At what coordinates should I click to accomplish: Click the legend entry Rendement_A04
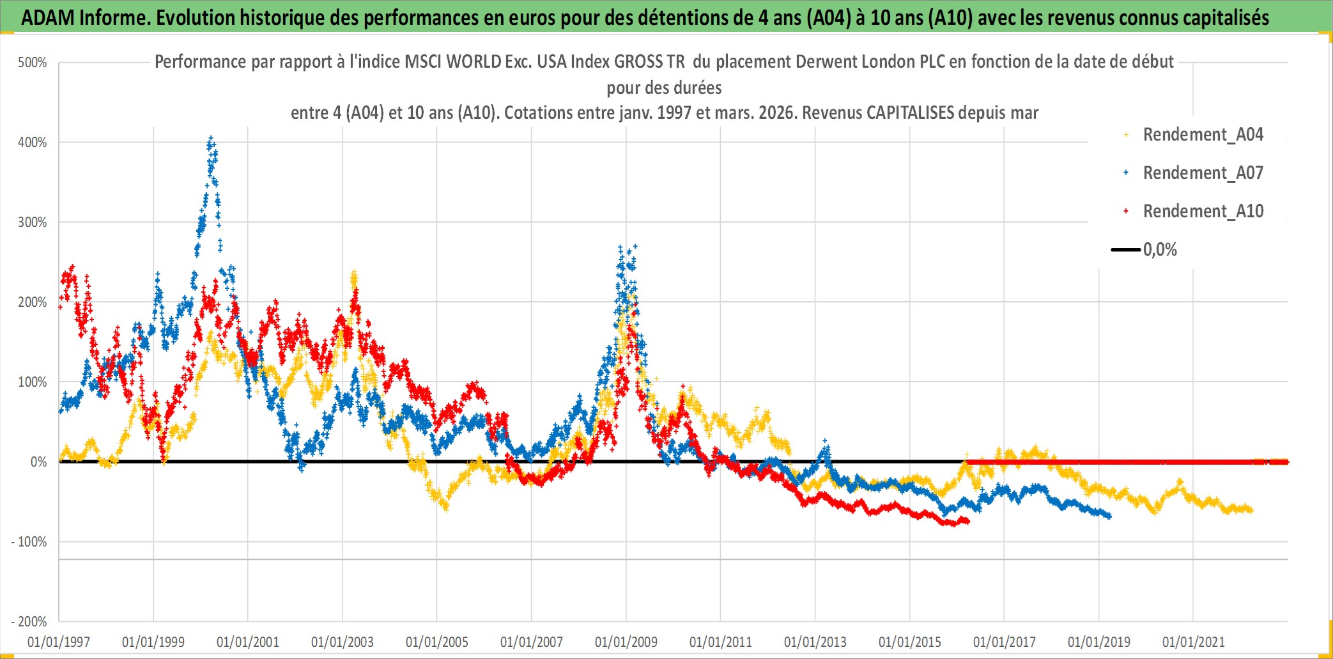1203,135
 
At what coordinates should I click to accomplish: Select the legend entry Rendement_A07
1203,173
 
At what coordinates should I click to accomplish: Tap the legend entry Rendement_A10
1203,212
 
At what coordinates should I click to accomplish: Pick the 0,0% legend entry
1159,250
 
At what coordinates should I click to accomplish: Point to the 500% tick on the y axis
33,63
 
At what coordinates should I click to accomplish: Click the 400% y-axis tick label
33,143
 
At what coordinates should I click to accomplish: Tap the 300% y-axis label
33,222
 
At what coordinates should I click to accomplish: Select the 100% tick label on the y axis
33,382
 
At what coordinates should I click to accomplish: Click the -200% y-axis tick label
29,621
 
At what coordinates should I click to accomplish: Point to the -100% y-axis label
29,542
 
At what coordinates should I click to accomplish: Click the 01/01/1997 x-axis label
59,642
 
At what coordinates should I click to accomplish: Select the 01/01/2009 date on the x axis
626,642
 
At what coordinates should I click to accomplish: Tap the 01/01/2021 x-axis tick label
1193,642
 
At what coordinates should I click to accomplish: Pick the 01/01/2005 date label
437,642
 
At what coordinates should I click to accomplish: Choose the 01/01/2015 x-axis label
910,642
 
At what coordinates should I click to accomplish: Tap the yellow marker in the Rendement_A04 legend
1126,135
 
